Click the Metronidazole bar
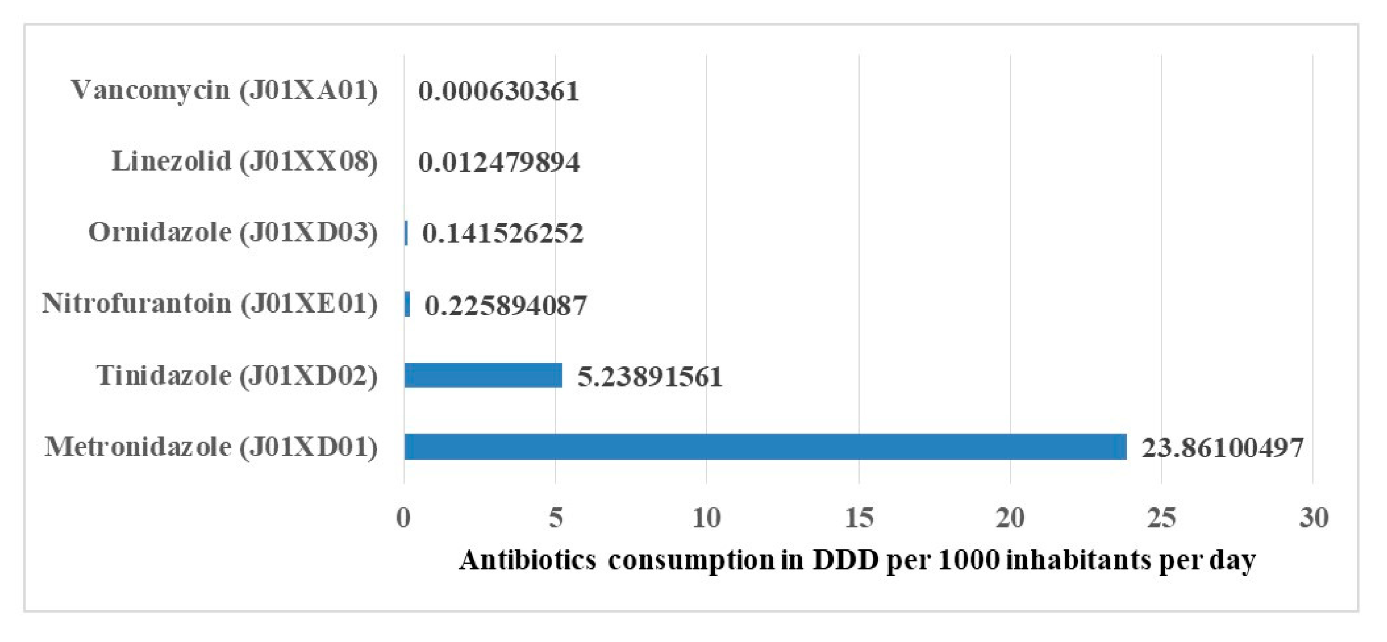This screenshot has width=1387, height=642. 765,447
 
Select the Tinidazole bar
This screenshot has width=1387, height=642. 483,375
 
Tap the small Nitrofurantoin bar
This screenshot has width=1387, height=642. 407,304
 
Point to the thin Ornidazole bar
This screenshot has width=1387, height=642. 406,232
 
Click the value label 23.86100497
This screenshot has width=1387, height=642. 1222,448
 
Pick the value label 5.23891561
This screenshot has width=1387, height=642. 649,376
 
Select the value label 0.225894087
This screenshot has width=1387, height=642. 505,305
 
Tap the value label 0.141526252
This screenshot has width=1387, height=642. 502,233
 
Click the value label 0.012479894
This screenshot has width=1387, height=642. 498,162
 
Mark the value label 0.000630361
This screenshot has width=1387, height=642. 498,91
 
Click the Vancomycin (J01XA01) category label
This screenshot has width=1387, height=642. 224,90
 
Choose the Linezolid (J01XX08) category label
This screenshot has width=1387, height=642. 244,161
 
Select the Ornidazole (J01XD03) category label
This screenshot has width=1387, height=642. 232,232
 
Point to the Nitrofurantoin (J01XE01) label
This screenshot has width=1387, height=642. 209,304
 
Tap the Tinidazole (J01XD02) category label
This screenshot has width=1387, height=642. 236,375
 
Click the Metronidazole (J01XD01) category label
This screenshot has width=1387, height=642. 210,447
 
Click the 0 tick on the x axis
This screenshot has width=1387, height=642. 403,517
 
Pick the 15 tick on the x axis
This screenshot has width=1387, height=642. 859,517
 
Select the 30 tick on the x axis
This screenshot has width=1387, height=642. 1313,517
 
